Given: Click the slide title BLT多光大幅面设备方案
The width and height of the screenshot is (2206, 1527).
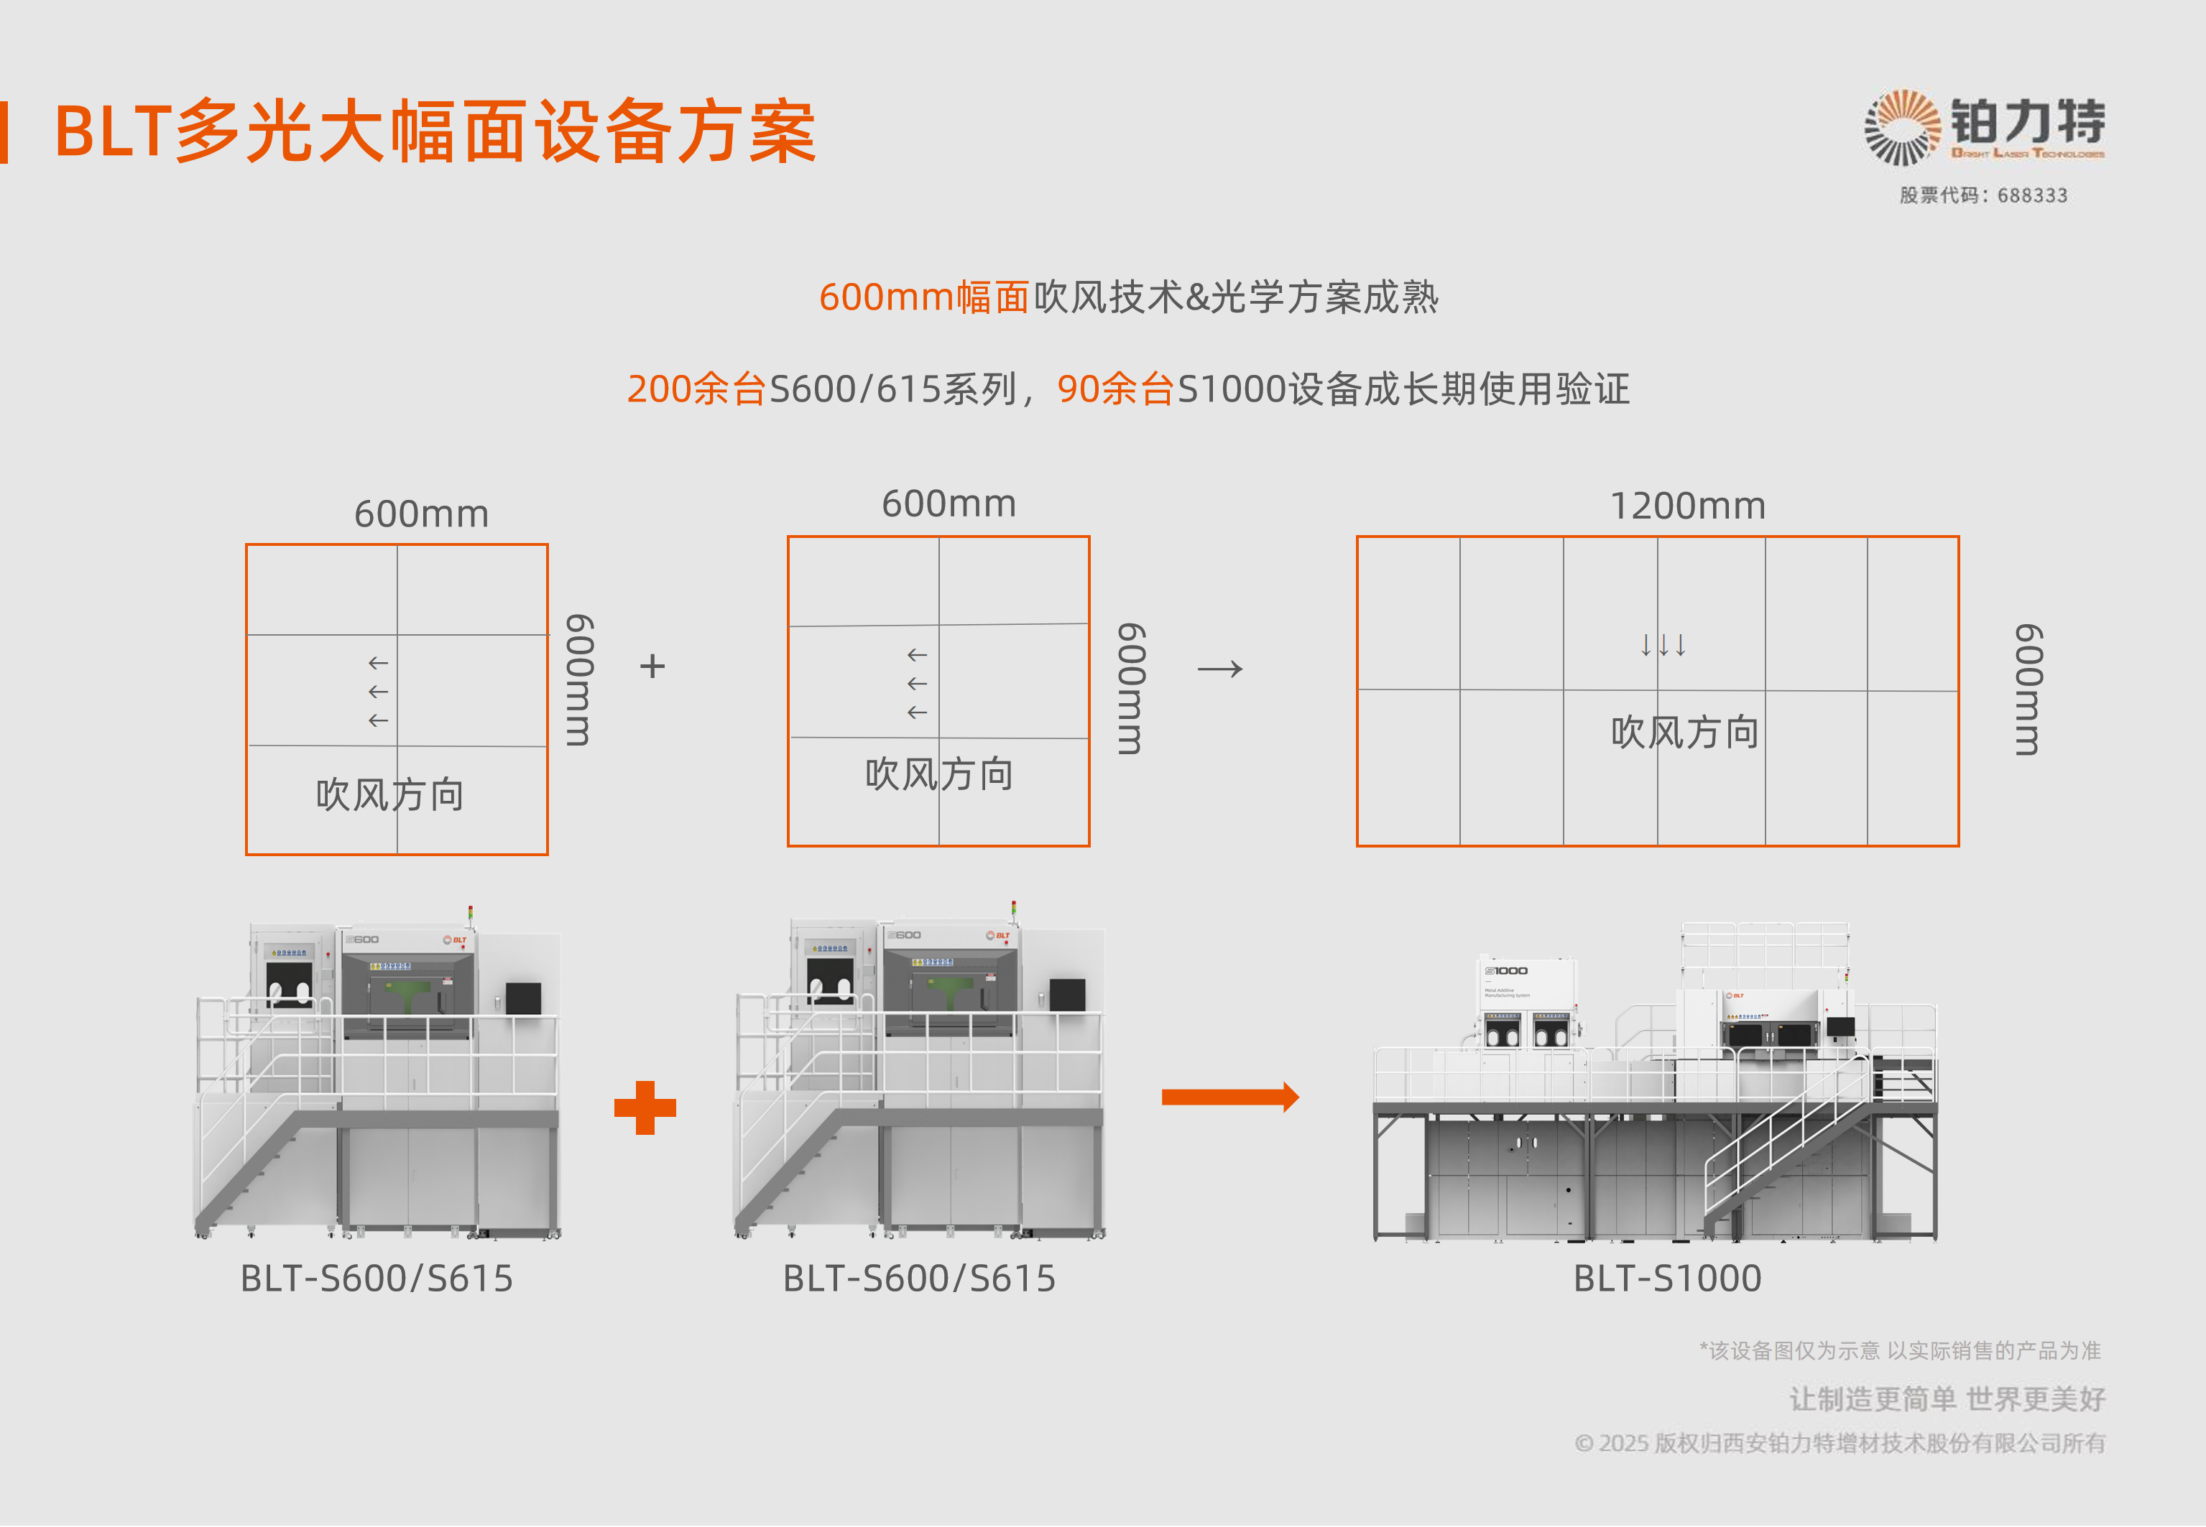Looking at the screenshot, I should click(x=435, y=131).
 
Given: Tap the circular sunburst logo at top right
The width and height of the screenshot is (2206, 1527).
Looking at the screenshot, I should click(x=1901, y=127).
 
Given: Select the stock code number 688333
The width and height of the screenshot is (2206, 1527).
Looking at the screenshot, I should click(x=2032, y=195).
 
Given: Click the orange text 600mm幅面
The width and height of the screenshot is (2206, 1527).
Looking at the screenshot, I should click(x=923, y=297).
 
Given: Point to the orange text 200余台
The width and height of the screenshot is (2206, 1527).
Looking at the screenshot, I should click(x=696, y=389).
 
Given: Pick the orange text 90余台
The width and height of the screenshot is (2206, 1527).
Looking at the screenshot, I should click(x=1115, y=389).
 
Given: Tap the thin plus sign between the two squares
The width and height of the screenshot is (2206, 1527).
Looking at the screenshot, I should click(x=652, y=666).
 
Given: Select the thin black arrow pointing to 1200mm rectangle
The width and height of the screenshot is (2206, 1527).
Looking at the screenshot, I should click(x=1220, y=669).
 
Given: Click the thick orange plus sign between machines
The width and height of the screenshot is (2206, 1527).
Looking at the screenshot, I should click(x=645, y=1108).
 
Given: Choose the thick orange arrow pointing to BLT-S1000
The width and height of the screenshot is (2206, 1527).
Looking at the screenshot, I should click(x=1229, y=1097).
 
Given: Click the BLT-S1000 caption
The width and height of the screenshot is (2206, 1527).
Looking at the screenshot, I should click(x=1667, y=1278).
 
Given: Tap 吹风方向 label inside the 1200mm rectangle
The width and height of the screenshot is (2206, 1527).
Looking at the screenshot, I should click(x=1684, y=733).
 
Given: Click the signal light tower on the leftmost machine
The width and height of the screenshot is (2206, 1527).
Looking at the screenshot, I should click(x=470, y=916).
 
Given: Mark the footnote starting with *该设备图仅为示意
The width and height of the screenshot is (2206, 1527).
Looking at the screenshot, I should click(x=1900, y=1350).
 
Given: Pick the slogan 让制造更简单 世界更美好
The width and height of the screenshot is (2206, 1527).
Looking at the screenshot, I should click(x=1947, y=1399).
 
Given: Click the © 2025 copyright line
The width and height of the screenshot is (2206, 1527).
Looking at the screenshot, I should click(x=1840, y=1443).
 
